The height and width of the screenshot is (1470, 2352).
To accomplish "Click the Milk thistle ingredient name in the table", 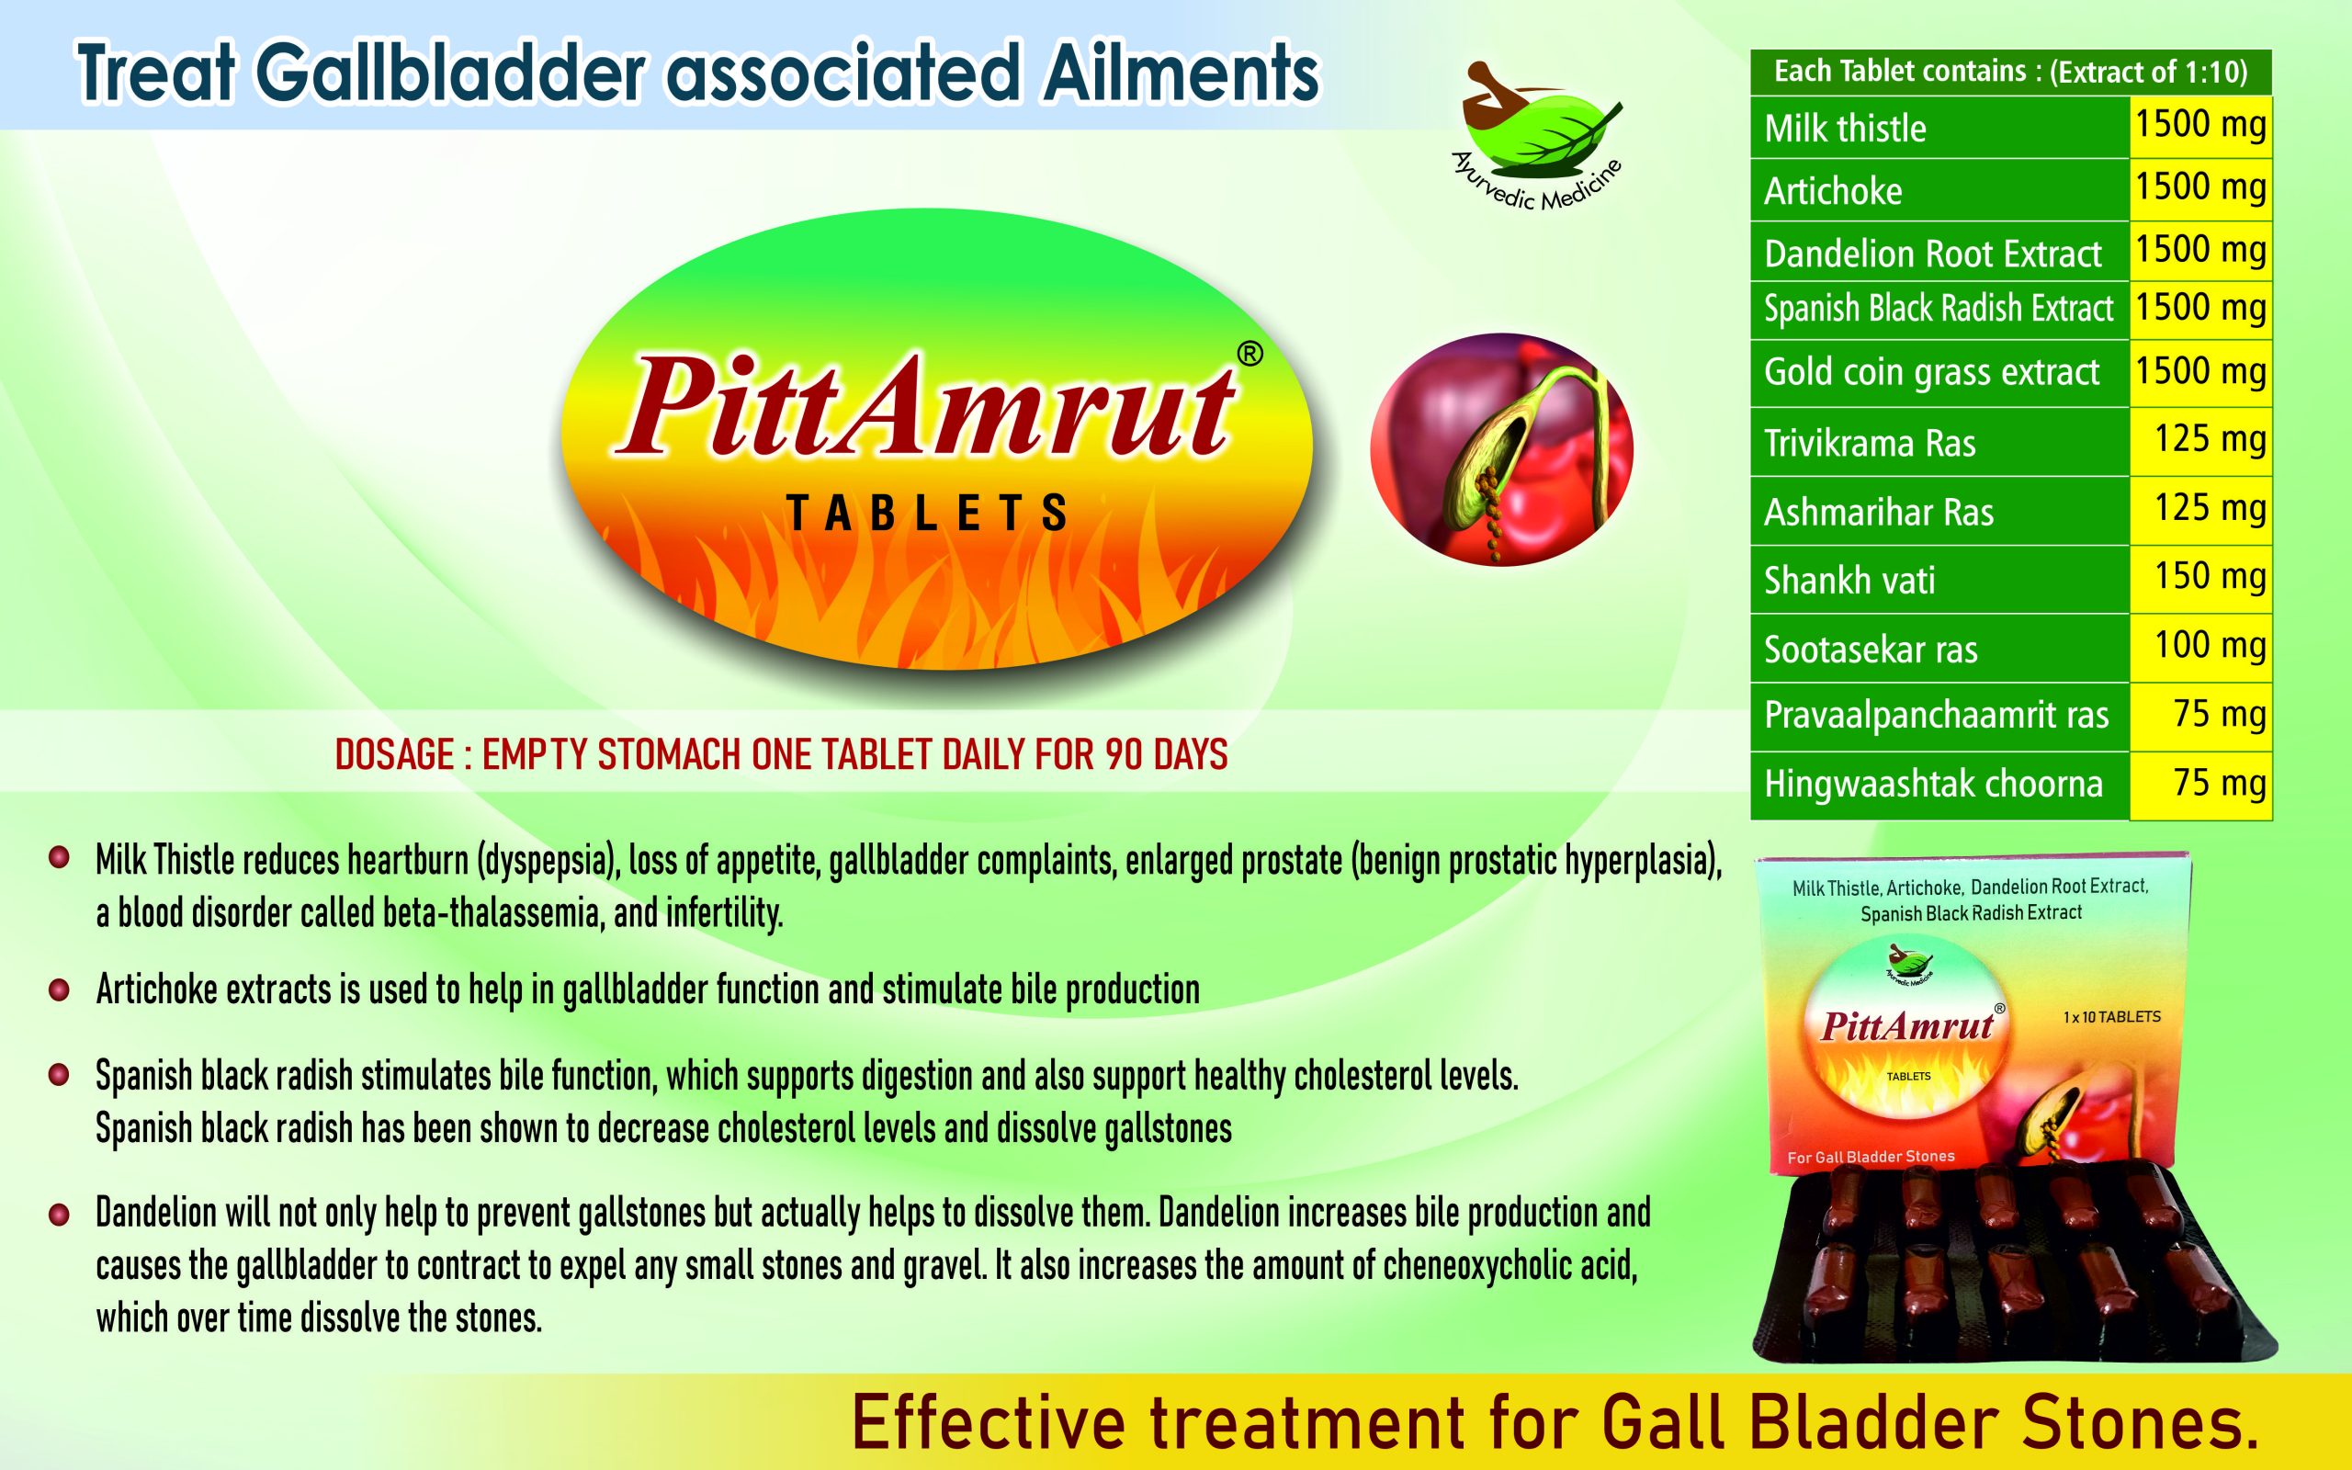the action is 1845,129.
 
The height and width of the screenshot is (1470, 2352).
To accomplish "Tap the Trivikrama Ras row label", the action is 1869,444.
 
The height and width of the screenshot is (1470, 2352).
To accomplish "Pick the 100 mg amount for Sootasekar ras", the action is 2211,645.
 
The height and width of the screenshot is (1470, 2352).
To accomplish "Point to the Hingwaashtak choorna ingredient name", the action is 1933,784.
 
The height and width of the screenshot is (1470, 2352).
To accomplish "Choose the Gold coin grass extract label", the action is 1931,371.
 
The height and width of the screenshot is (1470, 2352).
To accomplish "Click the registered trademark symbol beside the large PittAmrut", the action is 1249,355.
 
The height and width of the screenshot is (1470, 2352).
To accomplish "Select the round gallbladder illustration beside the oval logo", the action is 1501,450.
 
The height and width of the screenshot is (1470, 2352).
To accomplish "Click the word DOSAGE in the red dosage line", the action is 394,754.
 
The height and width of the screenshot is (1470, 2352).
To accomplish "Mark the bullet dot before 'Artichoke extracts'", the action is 60,989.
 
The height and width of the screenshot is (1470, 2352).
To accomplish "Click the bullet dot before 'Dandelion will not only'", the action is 60,1215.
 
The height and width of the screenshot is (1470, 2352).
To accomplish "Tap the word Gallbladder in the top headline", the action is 451,73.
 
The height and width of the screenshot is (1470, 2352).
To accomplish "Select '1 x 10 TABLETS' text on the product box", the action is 2112,1017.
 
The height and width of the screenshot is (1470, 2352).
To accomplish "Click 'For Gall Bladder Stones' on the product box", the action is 1871,1157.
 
